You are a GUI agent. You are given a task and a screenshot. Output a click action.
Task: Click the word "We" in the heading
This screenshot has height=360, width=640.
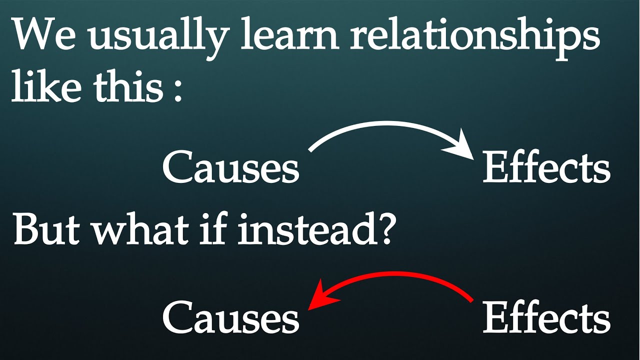[x=41, y=36]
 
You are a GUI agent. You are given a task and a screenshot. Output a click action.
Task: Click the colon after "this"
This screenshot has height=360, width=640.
[x=177, y=90]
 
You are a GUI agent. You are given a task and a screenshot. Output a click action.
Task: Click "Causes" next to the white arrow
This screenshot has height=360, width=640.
[x=230, y=168]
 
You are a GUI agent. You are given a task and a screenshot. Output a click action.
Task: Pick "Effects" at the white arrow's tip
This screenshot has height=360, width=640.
[x=546, y=167]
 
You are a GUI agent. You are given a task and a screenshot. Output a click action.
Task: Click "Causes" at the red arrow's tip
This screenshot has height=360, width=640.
[x=230, y=318]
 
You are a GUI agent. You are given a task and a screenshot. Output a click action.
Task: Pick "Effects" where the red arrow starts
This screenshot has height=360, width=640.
[x=546, y=317]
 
